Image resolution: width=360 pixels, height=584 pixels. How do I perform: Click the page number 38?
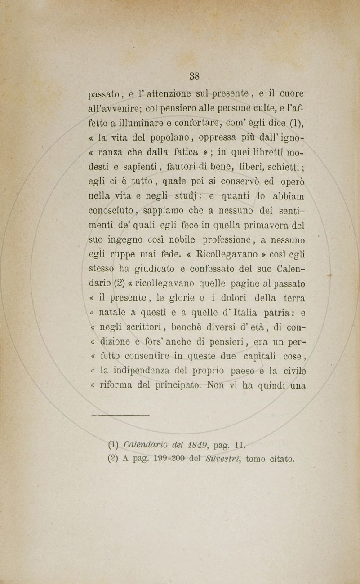point(194,75)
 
